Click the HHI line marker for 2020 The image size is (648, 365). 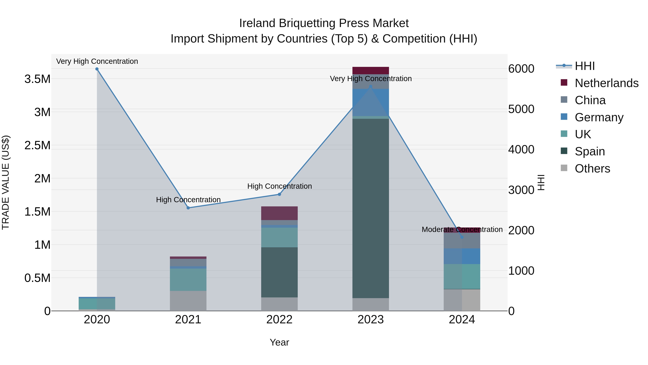(x=97, y=69)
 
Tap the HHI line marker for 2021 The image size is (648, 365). (x=188, y=208)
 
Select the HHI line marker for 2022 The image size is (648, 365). (x=279, y=194)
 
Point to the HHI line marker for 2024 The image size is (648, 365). (x=462, y=237)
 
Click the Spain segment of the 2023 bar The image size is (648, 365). (x=371, y=208)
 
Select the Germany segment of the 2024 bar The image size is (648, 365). (x=462, y=256)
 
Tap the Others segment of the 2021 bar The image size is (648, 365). (x=188, y=301)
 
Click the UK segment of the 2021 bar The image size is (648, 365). (x=188, y=280)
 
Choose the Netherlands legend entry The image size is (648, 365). (x=606, y=83)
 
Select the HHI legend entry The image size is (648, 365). (x=585, y=66)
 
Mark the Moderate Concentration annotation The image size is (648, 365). (x=462, y=229)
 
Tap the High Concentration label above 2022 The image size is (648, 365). (x=279, y=186)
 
